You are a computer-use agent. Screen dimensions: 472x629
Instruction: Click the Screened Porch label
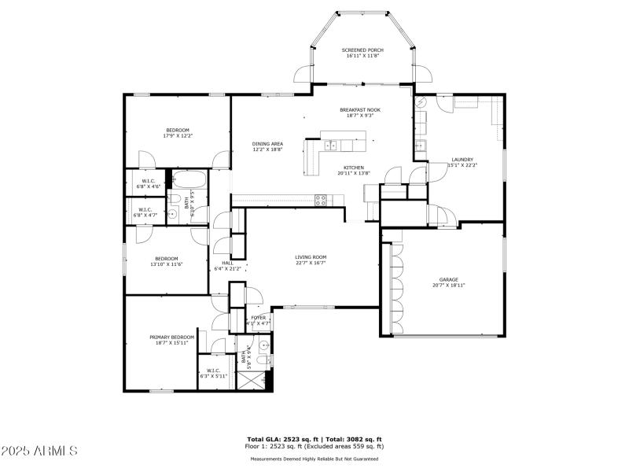(362, 50)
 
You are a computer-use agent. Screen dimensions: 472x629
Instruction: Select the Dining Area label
(267, 144)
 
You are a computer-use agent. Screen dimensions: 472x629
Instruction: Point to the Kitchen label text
(353, 168)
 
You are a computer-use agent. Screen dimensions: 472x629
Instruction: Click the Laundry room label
(462, 159)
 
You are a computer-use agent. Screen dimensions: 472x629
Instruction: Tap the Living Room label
(311, 257)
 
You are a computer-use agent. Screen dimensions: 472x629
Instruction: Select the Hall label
(227, 263)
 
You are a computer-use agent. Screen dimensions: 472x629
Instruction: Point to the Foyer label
(258, 318)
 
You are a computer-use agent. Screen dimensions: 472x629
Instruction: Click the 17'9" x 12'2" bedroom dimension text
(177, 136)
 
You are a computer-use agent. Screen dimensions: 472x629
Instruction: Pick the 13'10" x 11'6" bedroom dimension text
(166, 264)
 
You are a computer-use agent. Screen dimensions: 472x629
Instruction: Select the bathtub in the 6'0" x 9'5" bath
(189, 178)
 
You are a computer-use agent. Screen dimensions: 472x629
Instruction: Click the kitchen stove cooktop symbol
(321, 200)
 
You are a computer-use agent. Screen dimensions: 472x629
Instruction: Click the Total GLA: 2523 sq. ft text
(280, 439)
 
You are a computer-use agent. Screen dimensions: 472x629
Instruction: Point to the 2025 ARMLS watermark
(39, 451)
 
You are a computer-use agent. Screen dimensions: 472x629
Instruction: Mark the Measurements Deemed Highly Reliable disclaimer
(314, 459)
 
